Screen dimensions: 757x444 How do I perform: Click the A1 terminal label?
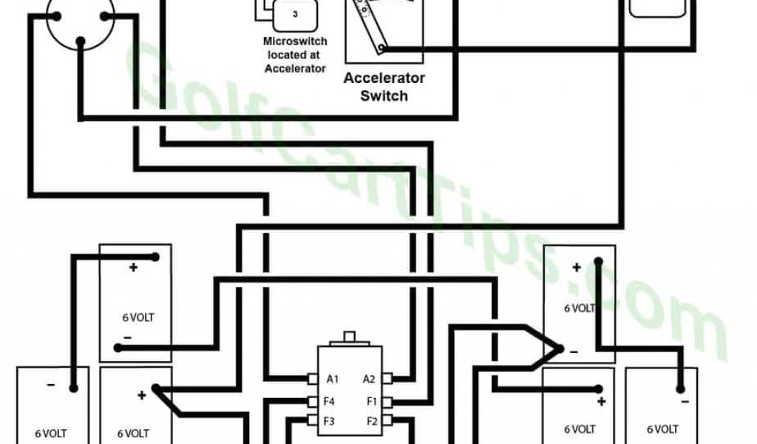(x=333, y=380)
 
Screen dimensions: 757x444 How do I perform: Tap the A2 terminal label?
(x=369, y=380)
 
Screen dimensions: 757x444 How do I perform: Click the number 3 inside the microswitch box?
(x=295, y=14)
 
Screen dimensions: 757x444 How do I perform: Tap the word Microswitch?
(x=295, y=42)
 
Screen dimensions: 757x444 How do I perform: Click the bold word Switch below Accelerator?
(x=384, y=95)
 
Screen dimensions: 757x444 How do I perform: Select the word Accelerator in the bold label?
(x=384, y=78)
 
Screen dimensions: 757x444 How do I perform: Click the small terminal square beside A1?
(x=313, y=380)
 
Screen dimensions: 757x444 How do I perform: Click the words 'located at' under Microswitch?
(x=295, y=55)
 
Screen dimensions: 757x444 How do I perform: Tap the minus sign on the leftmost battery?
(x=50, y=385)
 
